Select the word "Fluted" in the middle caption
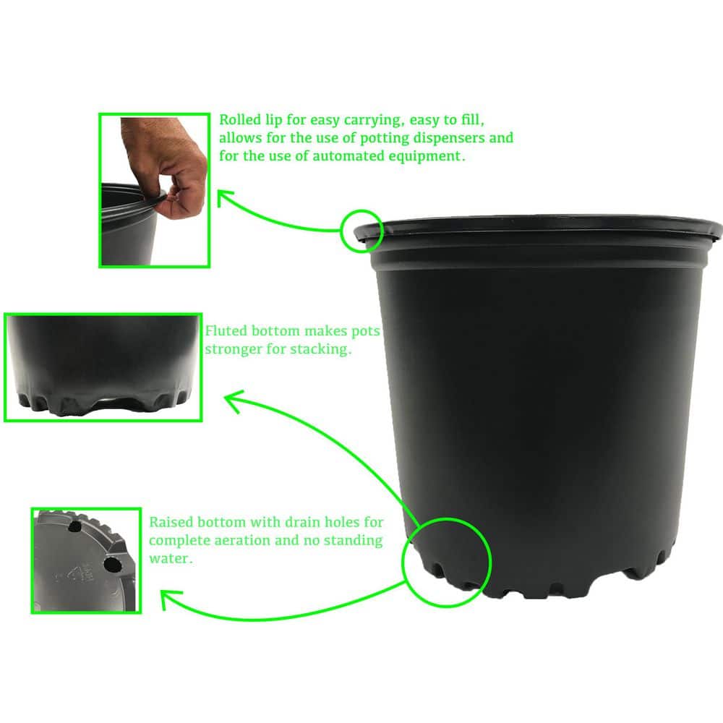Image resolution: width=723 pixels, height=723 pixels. tap(226, 332)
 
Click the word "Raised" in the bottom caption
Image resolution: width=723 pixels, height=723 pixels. tap(171, 522)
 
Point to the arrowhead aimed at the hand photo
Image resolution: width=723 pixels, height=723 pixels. tap(224, 197)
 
